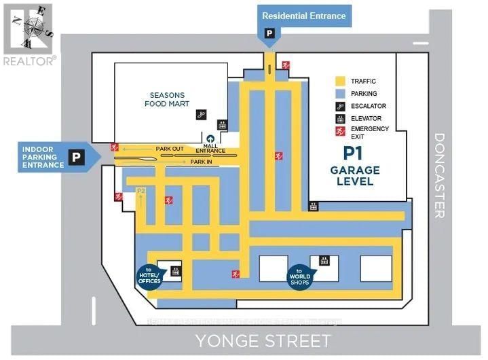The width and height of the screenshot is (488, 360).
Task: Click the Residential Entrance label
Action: tap(303, 16)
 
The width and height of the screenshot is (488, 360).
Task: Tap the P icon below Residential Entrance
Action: tap(269, 33)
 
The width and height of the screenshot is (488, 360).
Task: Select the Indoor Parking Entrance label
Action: tap(43, 157)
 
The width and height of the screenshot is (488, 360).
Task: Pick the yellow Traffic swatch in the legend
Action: tap(341, 81)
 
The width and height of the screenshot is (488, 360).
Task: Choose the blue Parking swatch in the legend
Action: tap(341, 94)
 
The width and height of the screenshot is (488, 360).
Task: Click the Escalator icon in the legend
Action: tap(341, 106)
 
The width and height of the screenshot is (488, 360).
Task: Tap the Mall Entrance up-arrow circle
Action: tap(210, 139)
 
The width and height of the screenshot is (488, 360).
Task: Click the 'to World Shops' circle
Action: tap(299, 276)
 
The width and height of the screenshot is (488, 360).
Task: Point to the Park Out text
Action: tap(170, 148)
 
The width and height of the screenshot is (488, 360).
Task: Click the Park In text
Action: tap(202, 162)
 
